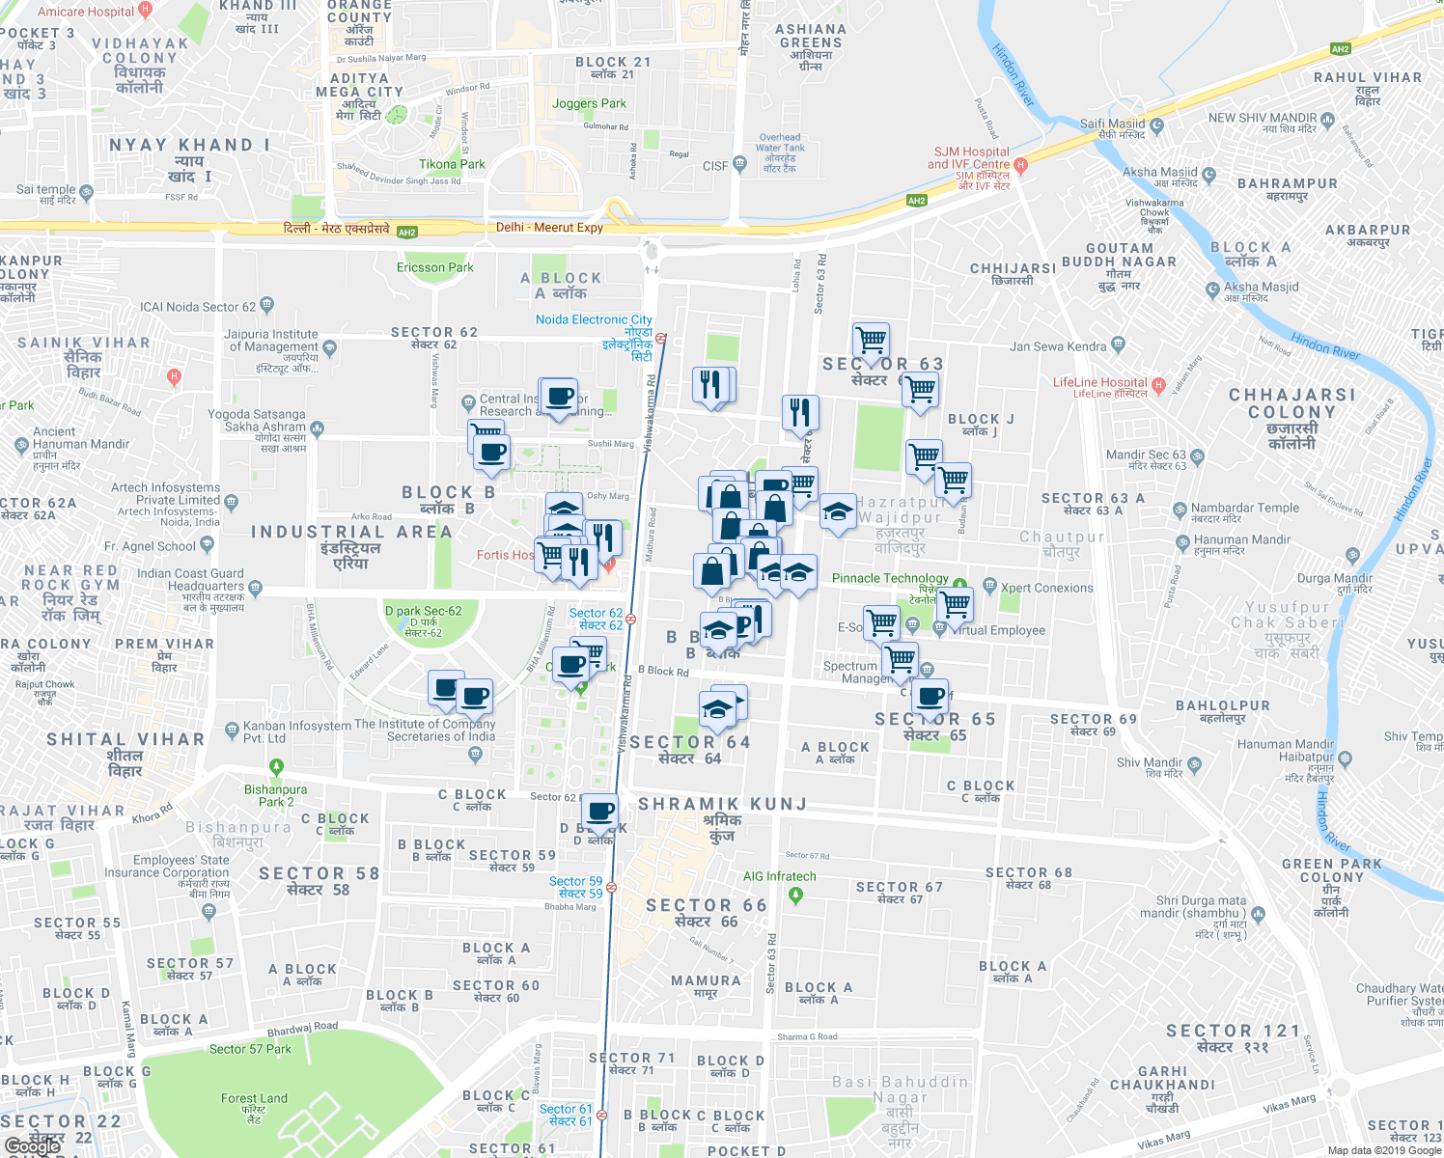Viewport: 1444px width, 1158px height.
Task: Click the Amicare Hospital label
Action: click(86, 12)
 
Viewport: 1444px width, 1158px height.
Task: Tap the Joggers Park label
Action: click(589, 103)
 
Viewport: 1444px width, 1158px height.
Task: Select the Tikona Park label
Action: click(452, 164)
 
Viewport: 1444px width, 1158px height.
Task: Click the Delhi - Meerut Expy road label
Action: click(549, 228)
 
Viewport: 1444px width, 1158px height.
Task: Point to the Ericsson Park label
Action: click(434, 267)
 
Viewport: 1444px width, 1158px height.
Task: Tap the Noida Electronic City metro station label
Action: click(594, 319)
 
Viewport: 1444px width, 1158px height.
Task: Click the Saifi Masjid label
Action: click(1112, 124)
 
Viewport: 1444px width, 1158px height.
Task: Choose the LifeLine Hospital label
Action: click(1099, 382)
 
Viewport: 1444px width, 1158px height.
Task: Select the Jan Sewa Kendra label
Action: click(1058, 346)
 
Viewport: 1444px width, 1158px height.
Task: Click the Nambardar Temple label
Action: click(1245, 508)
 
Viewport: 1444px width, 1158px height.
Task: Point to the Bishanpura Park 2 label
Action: click(275, 795)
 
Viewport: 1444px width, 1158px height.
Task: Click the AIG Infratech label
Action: click(779, 876)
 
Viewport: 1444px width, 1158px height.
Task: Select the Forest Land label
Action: click(254, 1098)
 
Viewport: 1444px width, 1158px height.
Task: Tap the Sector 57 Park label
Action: click(250, 1049)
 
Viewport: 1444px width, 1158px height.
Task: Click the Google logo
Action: click(33, 1145)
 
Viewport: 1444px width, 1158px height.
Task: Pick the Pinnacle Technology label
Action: click(890, 578)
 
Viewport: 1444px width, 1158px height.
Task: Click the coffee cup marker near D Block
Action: click(600, 813)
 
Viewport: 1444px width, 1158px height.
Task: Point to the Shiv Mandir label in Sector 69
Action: click(1149, 762)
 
